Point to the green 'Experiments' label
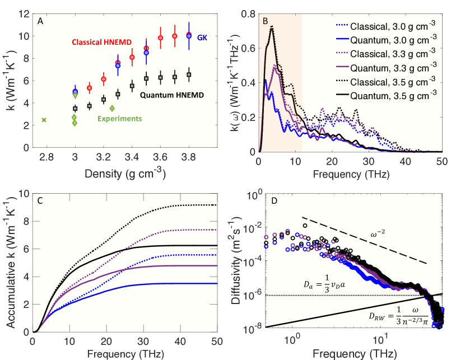[119, 119]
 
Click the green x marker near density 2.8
[44, 120]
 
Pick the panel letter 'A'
[40, 21]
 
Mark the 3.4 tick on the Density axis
[132, 158]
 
